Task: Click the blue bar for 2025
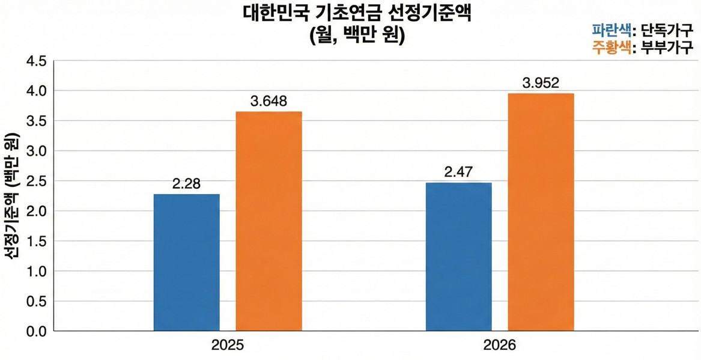(x=187, y=262)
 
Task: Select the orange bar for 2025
(x=269, y=221)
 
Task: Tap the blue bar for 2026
(x=458, y=257)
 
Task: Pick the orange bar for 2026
(x=541, y=212)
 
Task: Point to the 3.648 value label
(x=269, y=101)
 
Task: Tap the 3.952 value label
(x=541, y=83)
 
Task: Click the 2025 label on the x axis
(x=228, y=347)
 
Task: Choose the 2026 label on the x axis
(x=499, y=347)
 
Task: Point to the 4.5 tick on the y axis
(x=34, y=61)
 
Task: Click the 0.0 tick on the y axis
(x=34, y=331)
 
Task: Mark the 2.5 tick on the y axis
(x=34, y=181)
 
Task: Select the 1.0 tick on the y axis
(x=34, y=271)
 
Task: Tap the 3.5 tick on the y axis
(x=34, y=121)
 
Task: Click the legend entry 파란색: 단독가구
(x=642, y=29)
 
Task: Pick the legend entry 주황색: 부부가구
(x=642, y=47)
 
